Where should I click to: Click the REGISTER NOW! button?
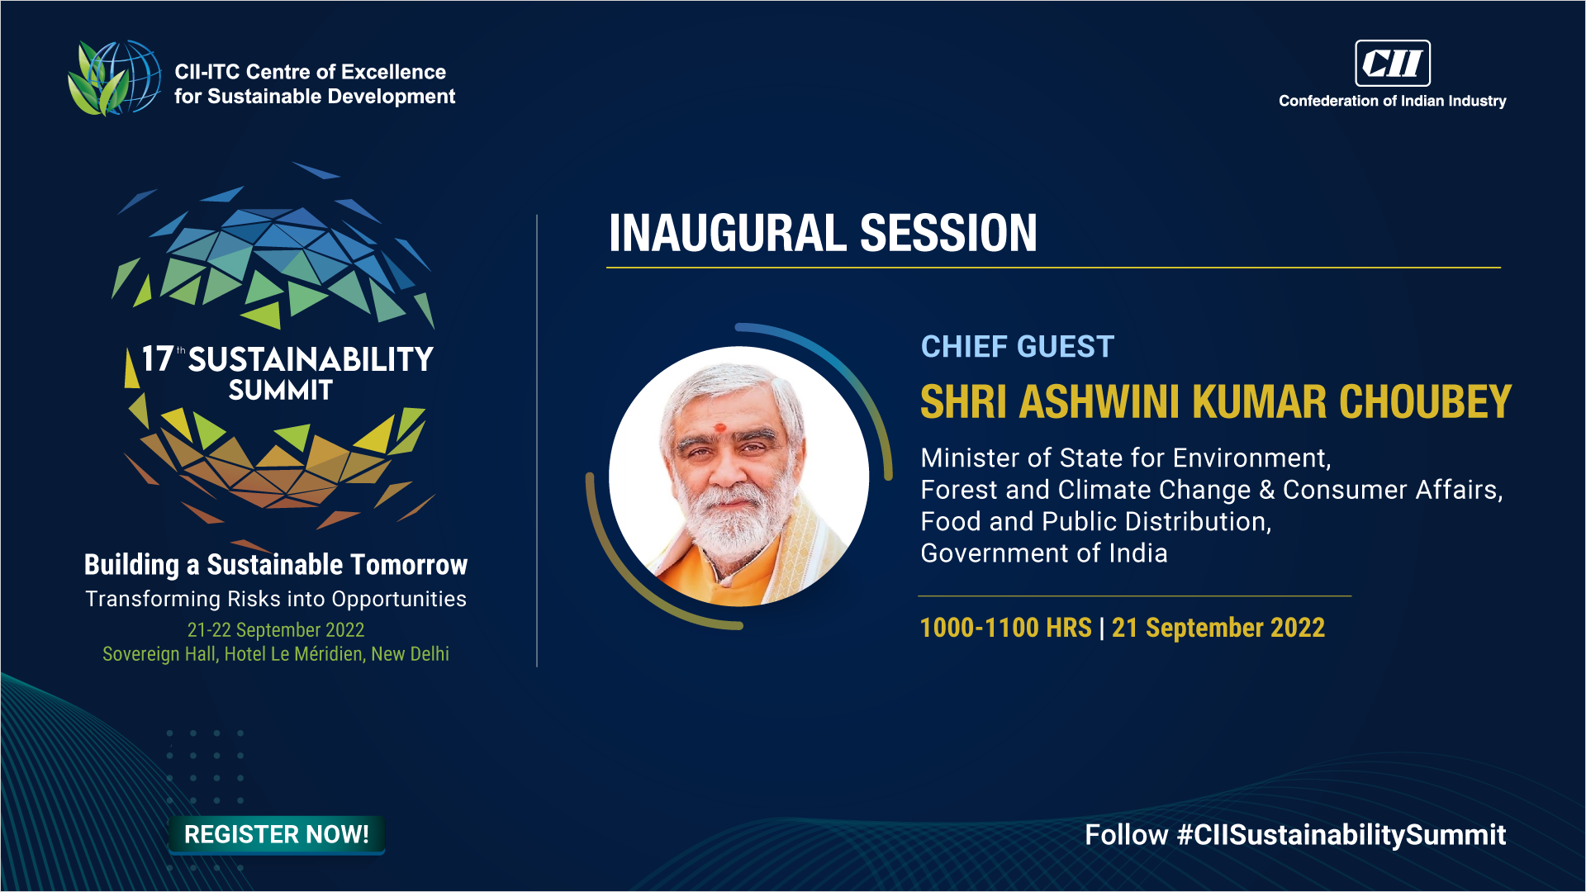click(x=277, y=834)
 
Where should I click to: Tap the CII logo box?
click(x=1393, y=63)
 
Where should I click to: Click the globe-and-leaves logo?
click(x=114, y=78)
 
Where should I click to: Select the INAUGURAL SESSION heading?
click(x=823, y=233)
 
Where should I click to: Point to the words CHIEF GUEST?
click(x=1018, y=347)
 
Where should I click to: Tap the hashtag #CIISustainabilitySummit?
click(x=1341, y=835)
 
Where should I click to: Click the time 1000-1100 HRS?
click(x=1006, y=628)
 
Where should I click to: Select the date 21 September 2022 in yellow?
click(x=1218, y=628)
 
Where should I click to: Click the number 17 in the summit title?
click(x=158, y=359)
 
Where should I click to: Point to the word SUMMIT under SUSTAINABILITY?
click(x=281, y=390)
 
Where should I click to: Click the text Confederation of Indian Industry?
click(x=1393, y=101)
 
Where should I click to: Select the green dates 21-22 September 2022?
click(x=276, y=630)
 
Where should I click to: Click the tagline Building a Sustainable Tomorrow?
click(x=276, y=565)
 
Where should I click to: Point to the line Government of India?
click(x=1044, y=553)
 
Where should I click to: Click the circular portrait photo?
click(x=739, y=477)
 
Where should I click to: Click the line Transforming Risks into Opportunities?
click(x=276, y=599)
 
